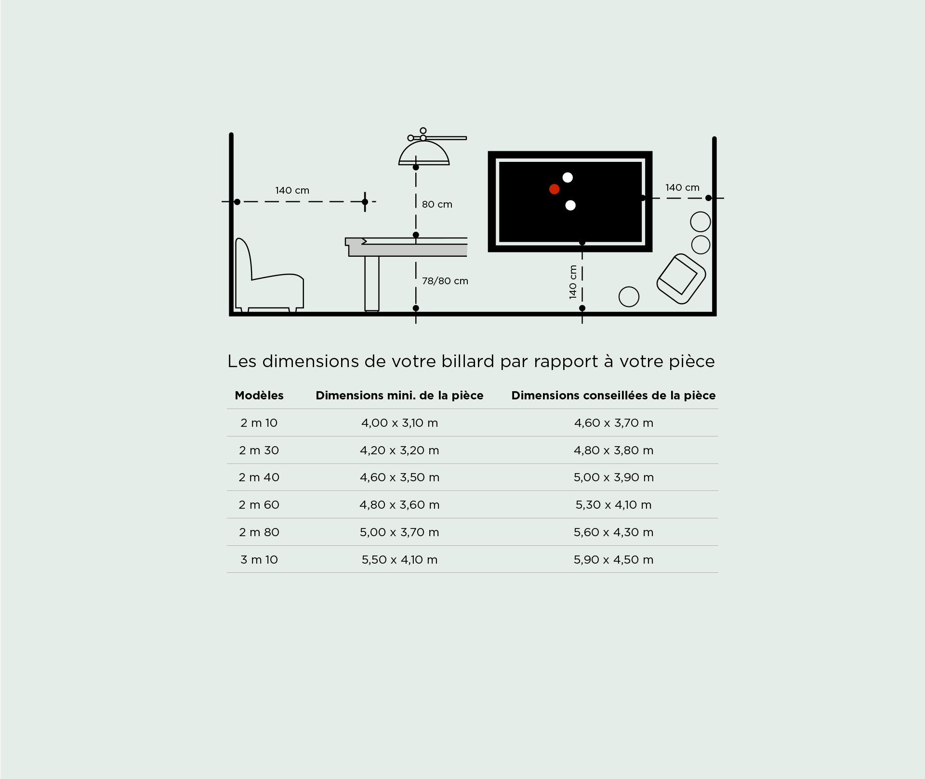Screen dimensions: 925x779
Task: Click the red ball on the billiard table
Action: coord(554,189)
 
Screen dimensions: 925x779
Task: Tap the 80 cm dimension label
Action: coord(437,204)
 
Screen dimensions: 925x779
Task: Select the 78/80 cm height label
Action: coord(445,281)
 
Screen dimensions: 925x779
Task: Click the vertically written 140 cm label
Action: coord(573,282)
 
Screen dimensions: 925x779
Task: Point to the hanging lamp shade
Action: coord(424,153)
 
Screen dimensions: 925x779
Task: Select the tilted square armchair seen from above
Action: coord(681,279)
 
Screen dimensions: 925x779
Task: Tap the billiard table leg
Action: coord(371,284)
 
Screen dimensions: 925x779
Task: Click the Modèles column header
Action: coord(259,396)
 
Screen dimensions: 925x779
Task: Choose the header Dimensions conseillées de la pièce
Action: coord(613,396)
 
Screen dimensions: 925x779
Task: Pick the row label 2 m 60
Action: coord(259,505)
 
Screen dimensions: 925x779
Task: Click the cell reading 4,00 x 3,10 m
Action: coord(399,423)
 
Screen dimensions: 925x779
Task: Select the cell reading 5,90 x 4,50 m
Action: coord(613,560)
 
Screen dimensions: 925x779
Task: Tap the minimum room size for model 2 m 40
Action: coord(399,477)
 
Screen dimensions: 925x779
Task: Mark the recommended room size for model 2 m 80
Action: coord(613,532)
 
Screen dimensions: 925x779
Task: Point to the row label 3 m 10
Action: coord(259,560)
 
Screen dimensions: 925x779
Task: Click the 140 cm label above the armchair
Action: coord(292,190)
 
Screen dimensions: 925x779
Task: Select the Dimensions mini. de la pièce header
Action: coord(399,396)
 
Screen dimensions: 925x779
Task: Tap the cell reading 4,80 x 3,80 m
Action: coord(613,450)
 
